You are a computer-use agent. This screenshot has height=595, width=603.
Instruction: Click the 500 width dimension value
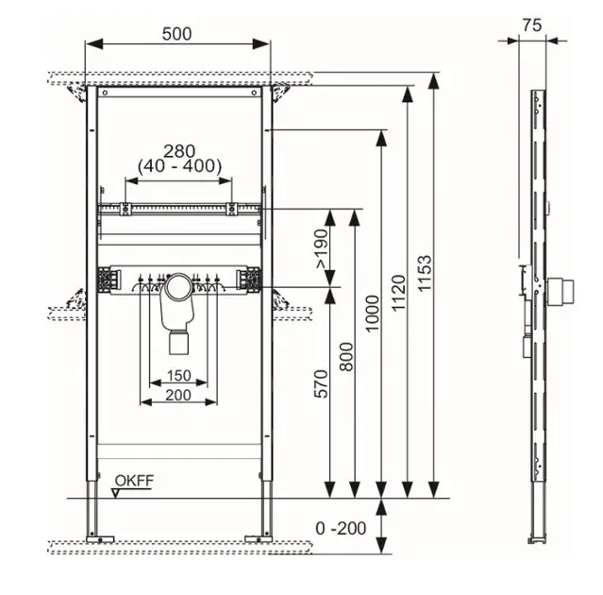[176, 33]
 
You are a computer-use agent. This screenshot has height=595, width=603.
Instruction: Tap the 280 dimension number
[178, 149]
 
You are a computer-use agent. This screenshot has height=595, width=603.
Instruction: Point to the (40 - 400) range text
[178, 166]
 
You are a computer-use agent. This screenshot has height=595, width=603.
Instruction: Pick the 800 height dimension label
[347, 354]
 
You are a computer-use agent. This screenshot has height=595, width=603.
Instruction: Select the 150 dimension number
[178, 375]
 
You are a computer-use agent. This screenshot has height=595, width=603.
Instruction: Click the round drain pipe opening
[178, 286]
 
